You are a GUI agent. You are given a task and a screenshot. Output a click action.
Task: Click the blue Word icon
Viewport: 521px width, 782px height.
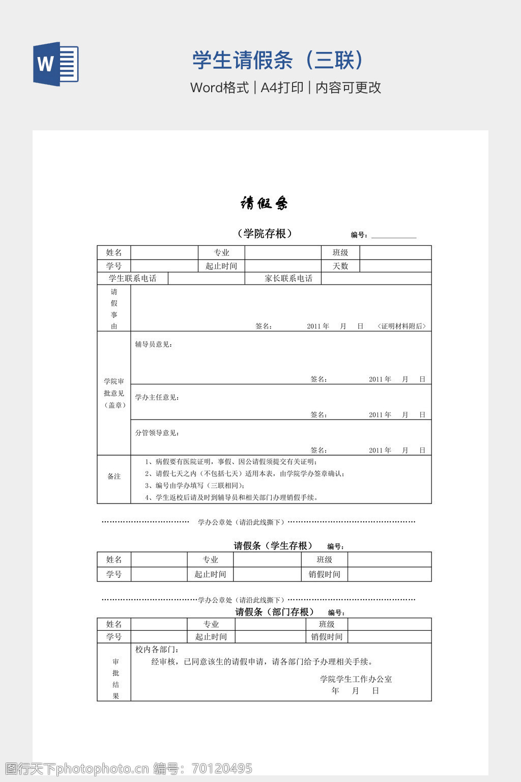(56, 64)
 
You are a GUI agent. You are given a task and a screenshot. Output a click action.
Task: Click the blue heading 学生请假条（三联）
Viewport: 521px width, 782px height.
(278, 60)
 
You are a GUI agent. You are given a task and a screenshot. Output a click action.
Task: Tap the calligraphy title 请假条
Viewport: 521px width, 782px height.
(264, 204)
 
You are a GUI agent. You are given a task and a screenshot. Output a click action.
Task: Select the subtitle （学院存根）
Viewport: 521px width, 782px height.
(265, 234)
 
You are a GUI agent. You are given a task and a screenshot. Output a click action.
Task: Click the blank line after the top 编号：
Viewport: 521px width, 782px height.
(394, 235)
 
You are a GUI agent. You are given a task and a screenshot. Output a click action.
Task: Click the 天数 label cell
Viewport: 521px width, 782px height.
(340, 266)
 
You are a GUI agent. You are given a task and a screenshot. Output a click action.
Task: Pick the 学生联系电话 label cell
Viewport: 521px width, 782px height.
(132, 278)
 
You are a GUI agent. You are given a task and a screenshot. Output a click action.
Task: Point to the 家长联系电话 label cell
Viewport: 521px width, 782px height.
(288, 278)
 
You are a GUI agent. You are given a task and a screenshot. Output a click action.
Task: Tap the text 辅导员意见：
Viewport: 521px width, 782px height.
(154, 345)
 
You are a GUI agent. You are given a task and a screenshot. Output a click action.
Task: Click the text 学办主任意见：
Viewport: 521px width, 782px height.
(157, 398)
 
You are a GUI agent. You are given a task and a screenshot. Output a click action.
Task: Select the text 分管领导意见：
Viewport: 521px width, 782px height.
(157, 433)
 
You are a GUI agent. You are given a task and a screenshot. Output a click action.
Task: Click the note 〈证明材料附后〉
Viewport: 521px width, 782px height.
(402, 326)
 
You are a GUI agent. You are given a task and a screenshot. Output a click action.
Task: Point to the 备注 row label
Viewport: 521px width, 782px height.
(114, 477)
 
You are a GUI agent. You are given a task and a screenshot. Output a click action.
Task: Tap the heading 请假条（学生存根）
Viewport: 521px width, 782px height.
(273, 546)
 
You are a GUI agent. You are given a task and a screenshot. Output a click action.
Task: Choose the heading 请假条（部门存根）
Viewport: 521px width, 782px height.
(275, 612)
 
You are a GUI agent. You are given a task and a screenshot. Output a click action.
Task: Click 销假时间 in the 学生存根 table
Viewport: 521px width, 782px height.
(324, 574)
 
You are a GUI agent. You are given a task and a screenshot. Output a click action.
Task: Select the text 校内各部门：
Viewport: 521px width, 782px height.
(157, 650)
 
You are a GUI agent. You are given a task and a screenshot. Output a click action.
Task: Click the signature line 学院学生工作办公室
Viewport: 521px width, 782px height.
(356, 679)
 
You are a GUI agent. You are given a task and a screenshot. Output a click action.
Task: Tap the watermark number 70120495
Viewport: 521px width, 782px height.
(221, 768)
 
